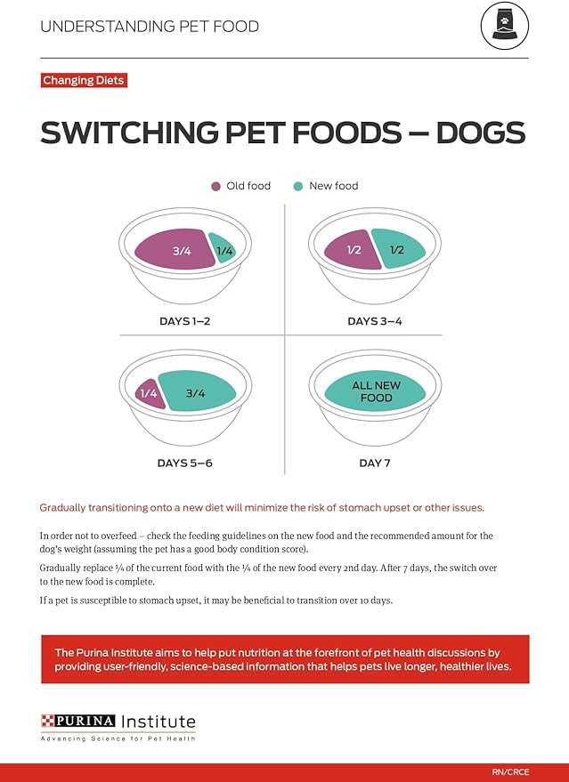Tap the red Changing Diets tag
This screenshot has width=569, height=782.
click(x=84, y=81)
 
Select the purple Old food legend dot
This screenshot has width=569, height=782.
click(x=215, y=186)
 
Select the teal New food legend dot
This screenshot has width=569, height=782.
click(x=297, y=186)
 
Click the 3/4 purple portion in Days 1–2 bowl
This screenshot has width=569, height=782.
click(x=176, y=250)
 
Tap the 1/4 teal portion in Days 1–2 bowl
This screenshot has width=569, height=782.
click(x=224, y=251)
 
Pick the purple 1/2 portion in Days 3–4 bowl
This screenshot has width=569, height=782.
click(x=349, y=250)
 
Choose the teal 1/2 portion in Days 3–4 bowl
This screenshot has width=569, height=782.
click(x=398, y=249)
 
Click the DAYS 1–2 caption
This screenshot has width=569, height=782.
click(x=183, y=321)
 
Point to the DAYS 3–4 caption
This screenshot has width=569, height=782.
click(x=374, y=321)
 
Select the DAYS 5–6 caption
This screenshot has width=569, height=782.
click(x=184, y=463)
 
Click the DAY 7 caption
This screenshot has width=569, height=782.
click(x=375, y=463)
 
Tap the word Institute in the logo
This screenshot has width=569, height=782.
click(x=159, y=721)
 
